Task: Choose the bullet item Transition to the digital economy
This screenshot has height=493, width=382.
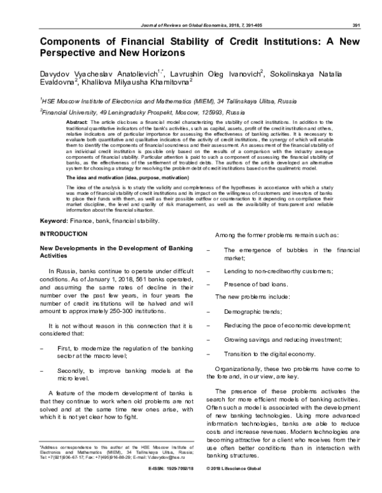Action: point(270,353)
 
